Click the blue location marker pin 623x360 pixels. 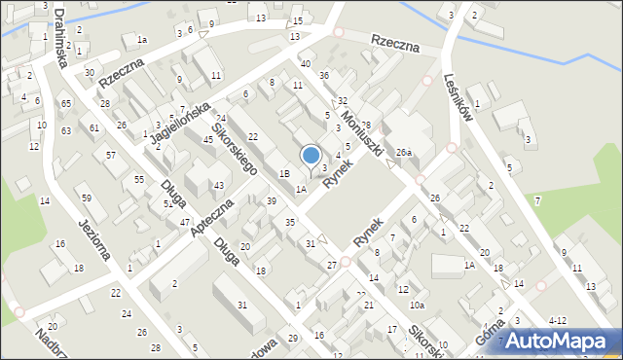coord(311,158)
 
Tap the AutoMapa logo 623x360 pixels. coord(560,341)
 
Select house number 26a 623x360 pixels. coord(404,152)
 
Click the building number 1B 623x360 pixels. coord(284,173)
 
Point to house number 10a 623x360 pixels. coord(417,306)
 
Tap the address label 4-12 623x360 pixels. coord(558,319)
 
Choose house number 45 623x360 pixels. coord(207,140)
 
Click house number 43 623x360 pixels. coord(219,185)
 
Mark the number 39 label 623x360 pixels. coord(272,200)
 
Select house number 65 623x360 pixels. coord(65,103)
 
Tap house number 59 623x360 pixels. coord(86,198)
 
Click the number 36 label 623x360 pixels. coord(324,75)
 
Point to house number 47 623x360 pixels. coord(184,223)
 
